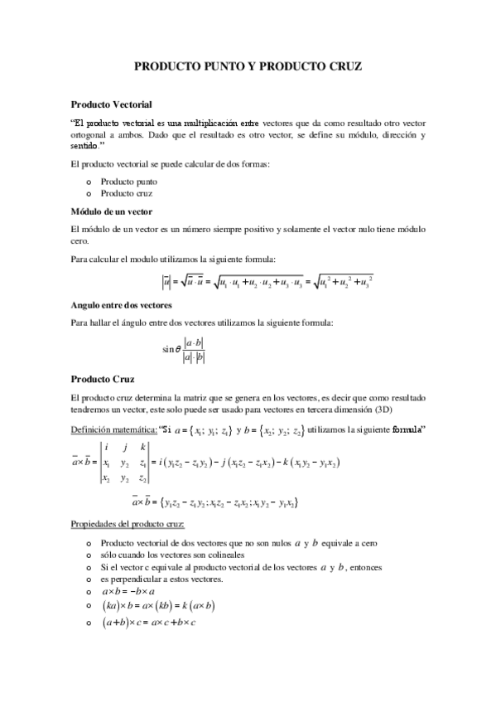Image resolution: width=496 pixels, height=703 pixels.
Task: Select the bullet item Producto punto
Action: (128, 181)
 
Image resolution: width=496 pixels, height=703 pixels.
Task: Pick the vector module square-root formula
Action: (270, 284)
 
